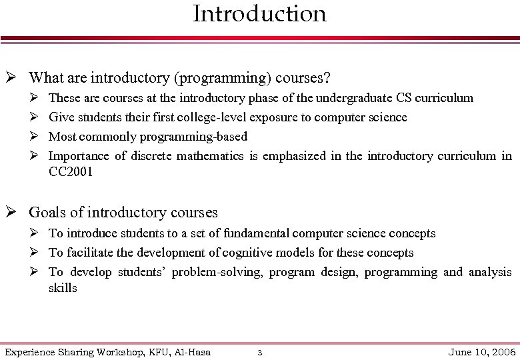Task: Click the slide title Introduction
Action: [259, 13]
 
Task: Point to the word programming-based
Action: [193, 137]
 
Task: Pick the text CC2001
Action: [71, 172]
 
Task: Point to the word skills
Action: [63, 288]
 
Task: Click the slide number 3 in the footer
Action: [260, 352]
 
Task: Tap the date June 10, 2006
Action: [483, 351]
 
